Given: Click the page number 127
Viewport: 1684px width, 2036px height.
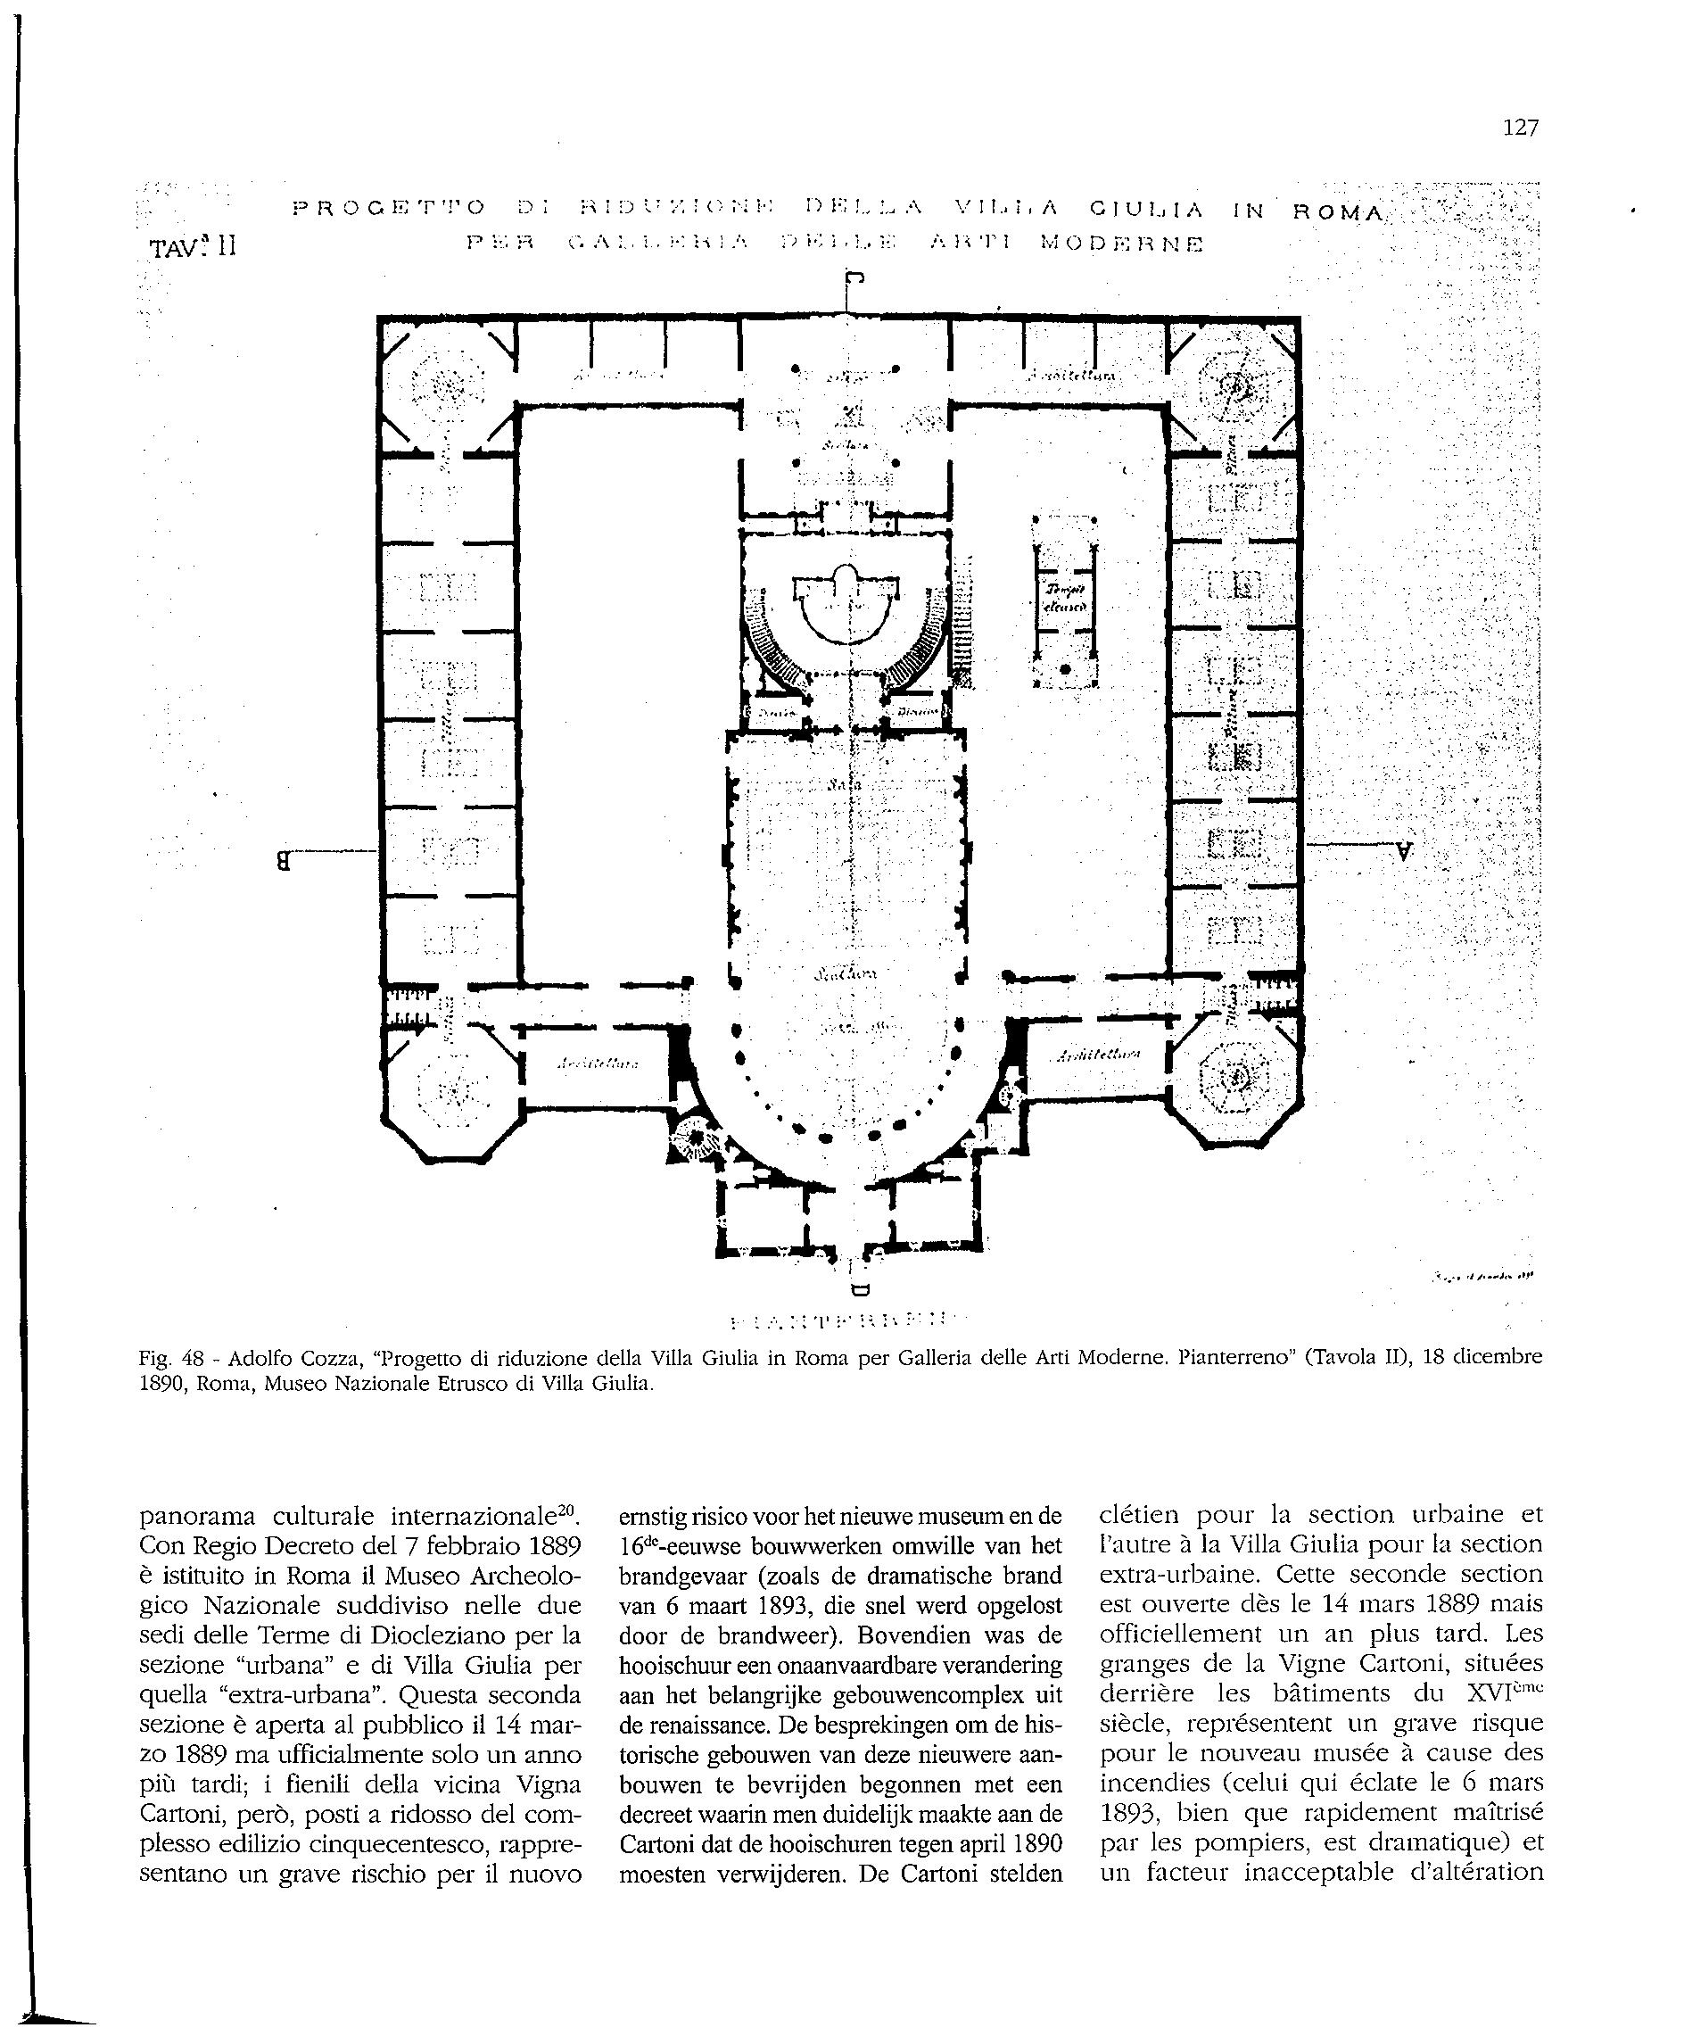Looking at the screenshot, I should [x=1519, y=127].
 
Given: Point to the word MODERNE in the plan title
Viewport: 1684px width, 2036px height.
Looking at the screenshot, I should [x=1120, y=244].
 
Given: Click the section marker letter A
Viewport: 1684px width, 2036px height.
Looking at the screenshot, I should [x=1404, y=852].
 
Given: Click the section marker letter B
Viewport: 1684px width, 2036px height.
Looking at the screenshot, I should [x=284, y=859].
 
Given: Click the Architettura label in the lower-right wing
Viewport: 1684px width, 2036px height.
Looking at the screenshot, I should [x=1100, y=1055].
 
